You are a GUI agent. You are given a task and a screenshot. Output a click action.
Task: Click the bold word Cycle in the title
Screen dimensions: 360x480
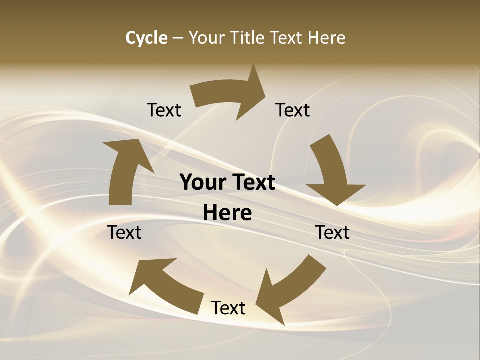click(146, 38)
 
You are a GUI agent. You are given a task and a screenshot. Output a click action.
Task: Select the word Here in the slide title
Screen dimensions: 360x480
click(326, 38)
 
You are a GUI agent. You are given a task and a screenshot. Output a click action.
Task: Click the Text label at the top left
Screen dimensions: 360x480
click(164, 110)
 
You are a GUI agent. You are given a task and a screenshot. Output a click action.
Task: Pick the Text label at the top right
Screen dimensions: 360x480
click(293, 110)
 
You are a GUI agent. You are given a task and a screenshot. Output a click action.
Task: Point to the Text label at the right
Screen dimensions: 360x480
click(332, 233)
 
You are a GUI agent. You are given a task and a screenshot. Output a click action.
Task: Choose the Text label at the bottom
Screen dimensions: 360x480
click(228, 308)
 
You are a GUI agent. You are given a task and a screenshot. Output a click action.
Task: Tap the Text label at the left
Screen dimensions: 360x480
click(125, 233)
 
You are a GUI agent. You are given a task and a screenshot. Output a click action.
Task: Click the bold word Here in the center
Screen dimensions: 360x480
click(227, 213)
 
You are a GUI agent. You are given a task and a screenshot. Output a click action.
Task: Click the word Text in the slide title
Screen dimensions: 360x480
click(286, 38)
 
